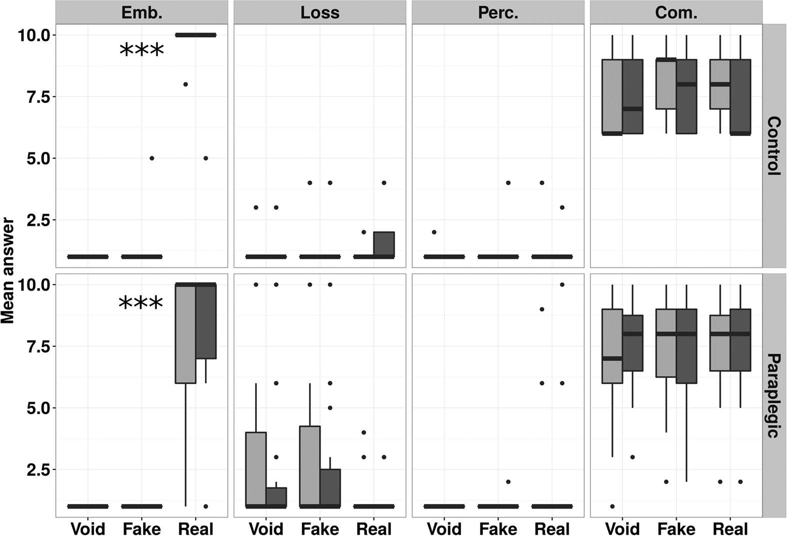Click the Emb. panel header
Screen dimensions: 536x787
click(141, 12)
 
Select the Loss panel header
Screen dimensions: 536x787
click(320, 12)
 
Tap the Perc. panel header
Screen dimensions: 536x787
click(498, 12)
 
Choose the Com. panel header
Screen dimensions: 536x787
click(676, 12)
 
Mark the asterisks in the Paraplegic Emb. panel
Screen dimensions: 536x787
click(141, 303)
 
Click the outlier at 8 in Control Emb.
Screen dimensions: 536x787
click(185, 84)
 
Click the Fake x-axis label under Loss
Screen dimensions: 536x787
click(320, 529)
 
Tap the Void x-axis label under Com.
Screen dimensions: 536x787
click(622, 529)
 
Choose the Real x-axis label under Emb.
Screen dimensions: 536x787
click(195, 529)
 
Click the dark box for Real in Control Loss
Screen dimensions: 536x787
click(384, 244)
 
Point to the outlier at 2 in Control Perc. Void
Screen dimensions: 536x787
click(434, 232)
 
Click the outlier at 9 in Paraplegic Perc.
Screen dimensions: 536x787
click(542, 309)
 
